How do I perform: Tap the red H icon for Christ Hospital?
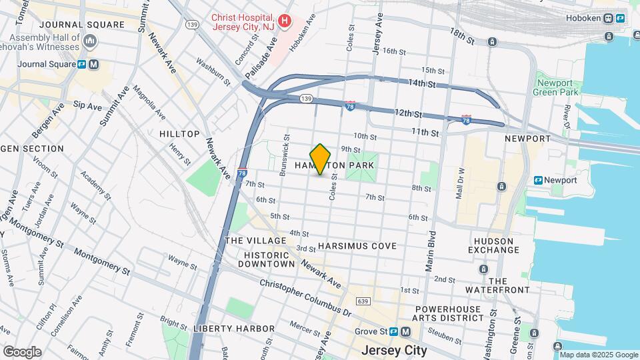click(285, 21)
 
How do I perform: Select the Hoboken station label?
click(585, 18)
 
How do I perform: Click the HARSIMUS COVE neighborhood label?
click(357, 246)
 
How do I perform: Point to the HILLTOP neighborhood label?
click(179, 134)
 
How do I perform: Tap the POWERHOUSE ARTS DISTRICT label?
click(448, 314)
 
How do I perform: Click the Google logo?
click(22, 352)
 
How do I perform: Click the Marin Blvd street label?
click(431, 251)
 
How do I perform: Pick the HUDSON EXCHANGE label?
click(494, 245)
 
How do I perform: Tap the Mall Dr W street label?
click(460, 183)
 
